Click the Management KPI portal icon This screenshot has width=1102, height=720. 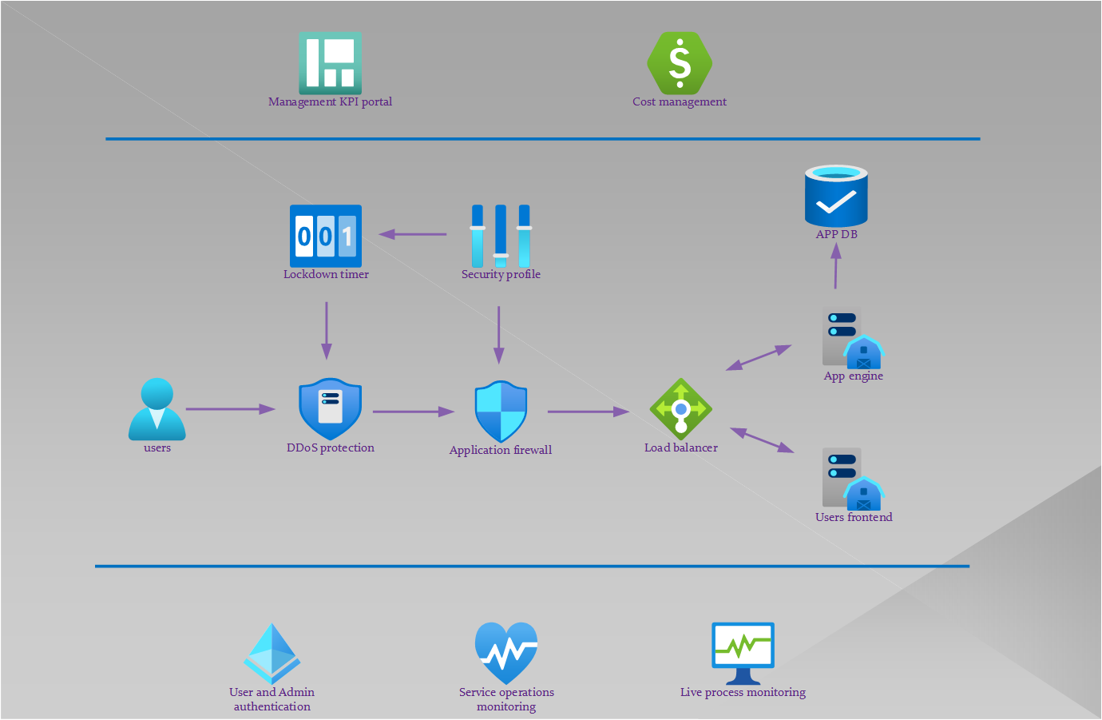coord(331,63)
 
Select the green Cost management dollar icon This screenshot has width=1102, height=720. coord(680,63)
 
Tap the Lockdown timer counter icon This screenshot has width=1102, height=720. coord(326,236)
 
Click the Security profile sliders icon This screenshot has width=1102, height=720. coord(501,236)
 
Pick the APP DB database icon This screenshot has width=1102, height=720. coord(836,196)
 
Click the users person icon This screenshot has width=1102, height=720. coord(157,409)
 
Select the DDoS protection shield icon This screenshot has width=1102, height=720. coord(330,408)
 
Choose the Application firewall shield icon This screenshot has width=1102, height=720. coord(501,411)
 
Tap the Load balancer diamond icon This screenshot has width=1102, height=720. coord(680,409)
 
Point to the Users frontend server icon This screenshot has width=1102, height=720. coord(853,479)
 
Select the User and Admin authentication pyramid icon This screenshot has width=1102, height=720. coord(272,654)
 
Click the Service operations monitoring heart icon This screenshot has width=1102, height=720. coord(506,653)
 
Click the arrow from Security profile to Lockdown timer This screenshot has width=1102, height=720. coord(413,234)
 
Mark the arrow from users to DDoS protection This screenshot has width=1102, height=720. coord(231,409)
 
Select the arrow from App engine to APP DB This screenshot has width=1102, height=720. coord(836,265)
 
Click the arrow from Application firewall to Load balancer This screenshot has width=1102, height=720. coord(589,412)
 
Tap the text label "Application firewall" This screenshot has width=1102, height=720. coord(501,450)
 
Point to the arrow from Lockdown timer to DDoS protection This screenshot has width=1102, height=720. coord(326,330)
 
